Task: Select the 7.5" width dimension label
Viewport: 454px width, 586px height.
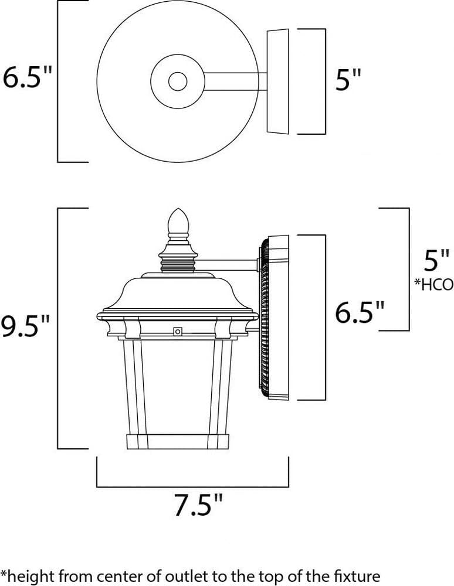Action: (x=199, y=506)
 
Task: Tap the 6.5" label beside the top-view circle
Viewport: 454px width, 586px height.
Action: (x=28, y=77)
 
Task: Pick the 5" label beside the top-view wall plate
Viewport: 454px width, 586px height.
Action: (x=348, y=80)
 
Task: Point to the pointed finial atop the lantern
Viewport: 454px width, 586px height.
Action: (x=178, y=222)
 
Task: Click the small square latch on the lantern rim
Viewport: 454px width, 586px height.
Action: (x=177, y=332)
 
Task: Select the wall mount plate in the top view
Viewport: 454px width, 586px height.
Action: (x=278, y=81)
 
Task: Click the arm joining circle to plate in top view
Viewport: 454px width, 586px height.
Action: (x=235, y=81)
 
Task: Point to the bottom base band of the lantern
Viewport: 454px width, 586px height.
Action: (x=178, y=441)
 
